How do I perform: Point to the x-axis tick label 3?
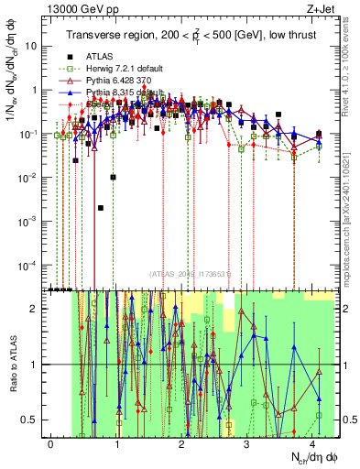coord(248,444)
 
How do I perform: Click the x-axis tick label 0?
coord(51,444)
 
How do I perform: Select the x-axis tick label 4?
coord(314,444)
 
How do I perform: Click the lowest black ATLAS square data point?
coord(101,208)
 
